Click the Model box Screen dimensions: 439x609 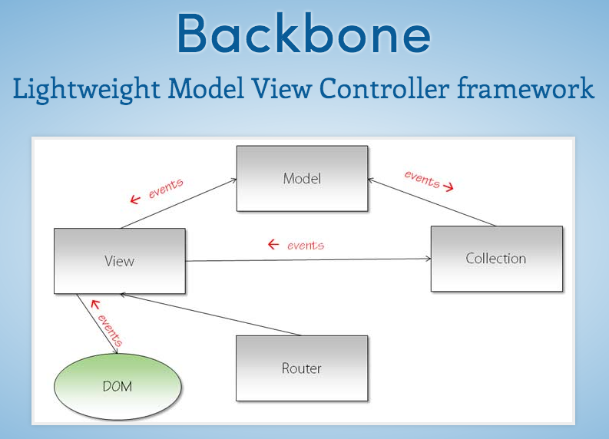(302, 178)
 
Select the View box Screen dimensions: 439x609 (119, 261)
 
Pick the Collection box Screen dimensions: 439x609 (495, 259)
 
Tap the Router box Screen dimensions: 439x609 (301, 368)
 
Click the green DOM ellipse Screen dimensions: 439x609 (117, 386)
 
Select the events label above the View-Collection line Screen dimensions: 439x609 (305, 246)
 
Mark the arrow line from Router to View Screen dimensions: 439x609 (211, 315)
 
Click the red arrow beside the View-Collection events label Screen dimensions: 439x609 (273, 245)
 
